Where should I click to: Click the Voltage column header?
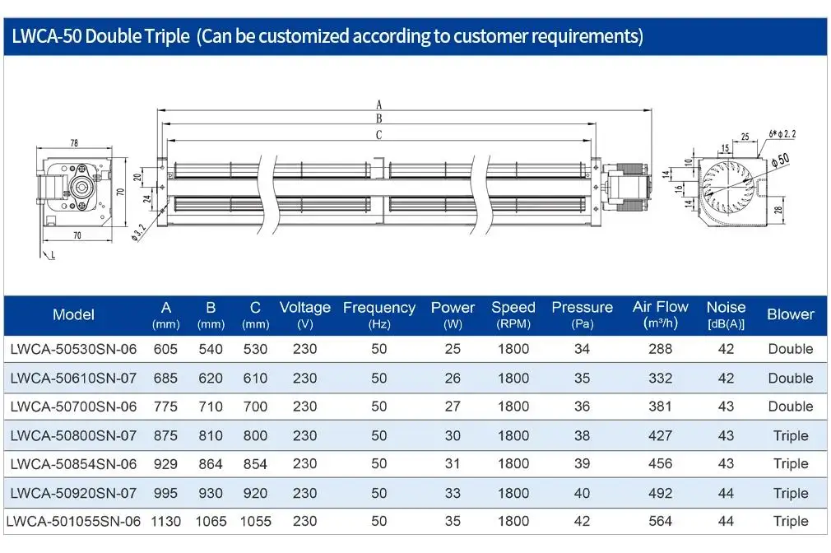[304, 315]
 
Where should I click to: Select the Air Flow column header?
[661, 314]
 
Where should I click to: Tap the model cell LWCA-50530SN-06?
[73, 349]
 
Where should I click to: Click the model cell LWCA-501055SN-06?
[73, 521]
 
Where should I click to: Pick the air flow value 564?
[661, 521]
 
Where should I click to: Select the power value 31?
[453, 464]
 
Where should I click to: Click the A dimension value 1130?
[166, 521]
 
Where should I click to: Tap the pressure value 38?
[582, 435]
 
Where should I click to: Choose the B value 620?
[211, 378]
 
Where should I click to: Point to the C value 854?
[255, 464]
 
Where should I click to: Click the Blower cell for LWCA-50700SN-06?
[790, 407]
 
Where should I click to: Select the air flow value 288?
[661, 349]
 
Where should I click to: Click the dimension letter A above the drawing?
[378, 105]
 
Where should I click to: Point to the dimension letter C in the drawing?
[378, 135]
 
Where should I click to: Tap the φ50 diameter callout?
[780, 160]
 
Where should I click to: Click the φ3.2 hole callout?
[138, 232]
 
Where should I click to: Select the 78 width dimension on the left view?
[74, 142]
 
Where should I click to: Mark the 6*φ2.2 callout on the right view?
[782, 133]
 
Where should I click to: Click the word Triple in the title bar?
[167, 36]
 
